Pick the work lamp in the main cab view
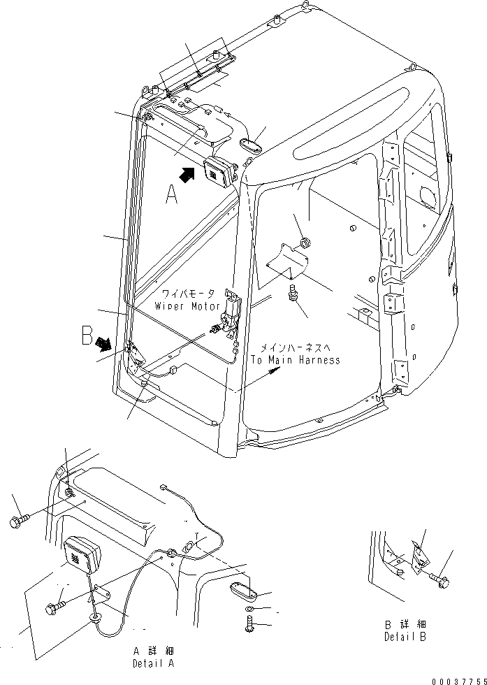pyautogui.click(x=219, y=172)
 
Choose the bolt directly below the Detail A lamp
pyautogui.click(x=54, y=607)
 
